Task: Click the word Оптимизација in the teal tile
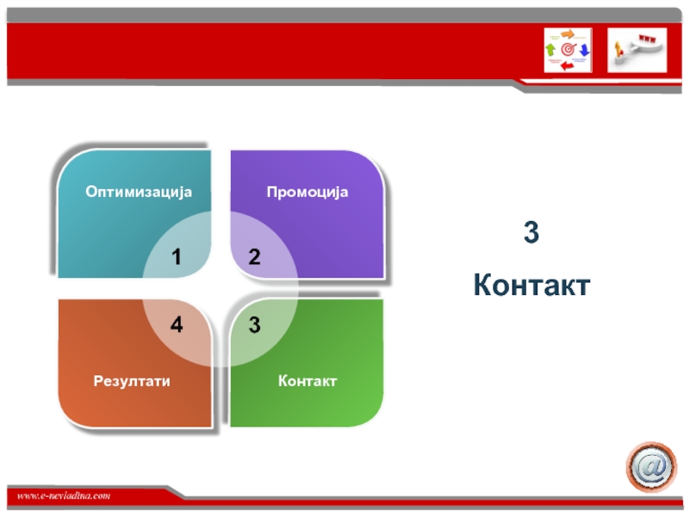pos(139,192)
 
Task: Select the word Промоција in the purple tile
pos(307,192)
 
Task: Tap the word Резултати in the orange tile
pos(132,381)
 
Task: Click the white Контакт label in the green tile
pos(307,381)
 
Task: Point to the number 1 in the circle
pos(177,257)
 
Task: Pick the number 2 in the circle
pos(254,257)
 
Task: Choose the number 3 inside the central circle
pos(254,325)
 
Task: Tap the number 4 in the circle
pos(177,325)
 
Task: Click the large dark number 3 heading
pos(531,231)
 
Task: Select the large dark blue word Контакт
pos(531,285)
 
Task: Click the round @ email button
pos(652,467)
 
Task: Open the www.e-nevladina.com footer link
pos(64,496)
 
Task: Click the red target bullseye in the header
pos(568,50)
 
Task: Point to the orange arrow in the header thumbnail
pos(568,34)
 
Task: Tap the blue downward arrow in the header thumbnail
pos(584,50)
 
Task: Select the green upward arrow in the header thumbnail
pos(550,49)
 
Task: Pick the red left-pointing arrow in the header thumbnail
pos(568,66)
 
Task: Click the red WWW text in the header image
pos(648,40)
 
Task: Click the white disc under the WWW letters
pos(646,48)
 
